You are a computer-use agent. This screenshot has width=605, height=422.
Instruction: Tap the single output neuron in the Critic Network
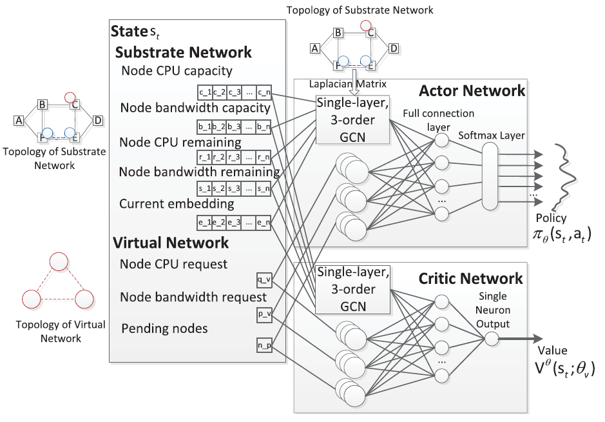492,338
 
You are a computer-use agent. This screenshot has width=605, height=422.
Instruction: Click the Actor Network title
472,91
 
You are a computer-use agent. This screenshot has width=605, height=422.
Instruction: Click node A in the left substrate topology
19,120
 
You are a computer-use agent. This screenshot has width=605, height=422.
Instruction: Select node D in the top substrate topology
394,48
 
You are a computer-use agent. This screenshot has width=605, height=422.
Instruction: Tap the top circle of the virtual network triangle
59,261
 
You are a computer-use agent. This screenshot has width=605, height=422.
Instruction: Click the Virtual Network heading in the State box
171,243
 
